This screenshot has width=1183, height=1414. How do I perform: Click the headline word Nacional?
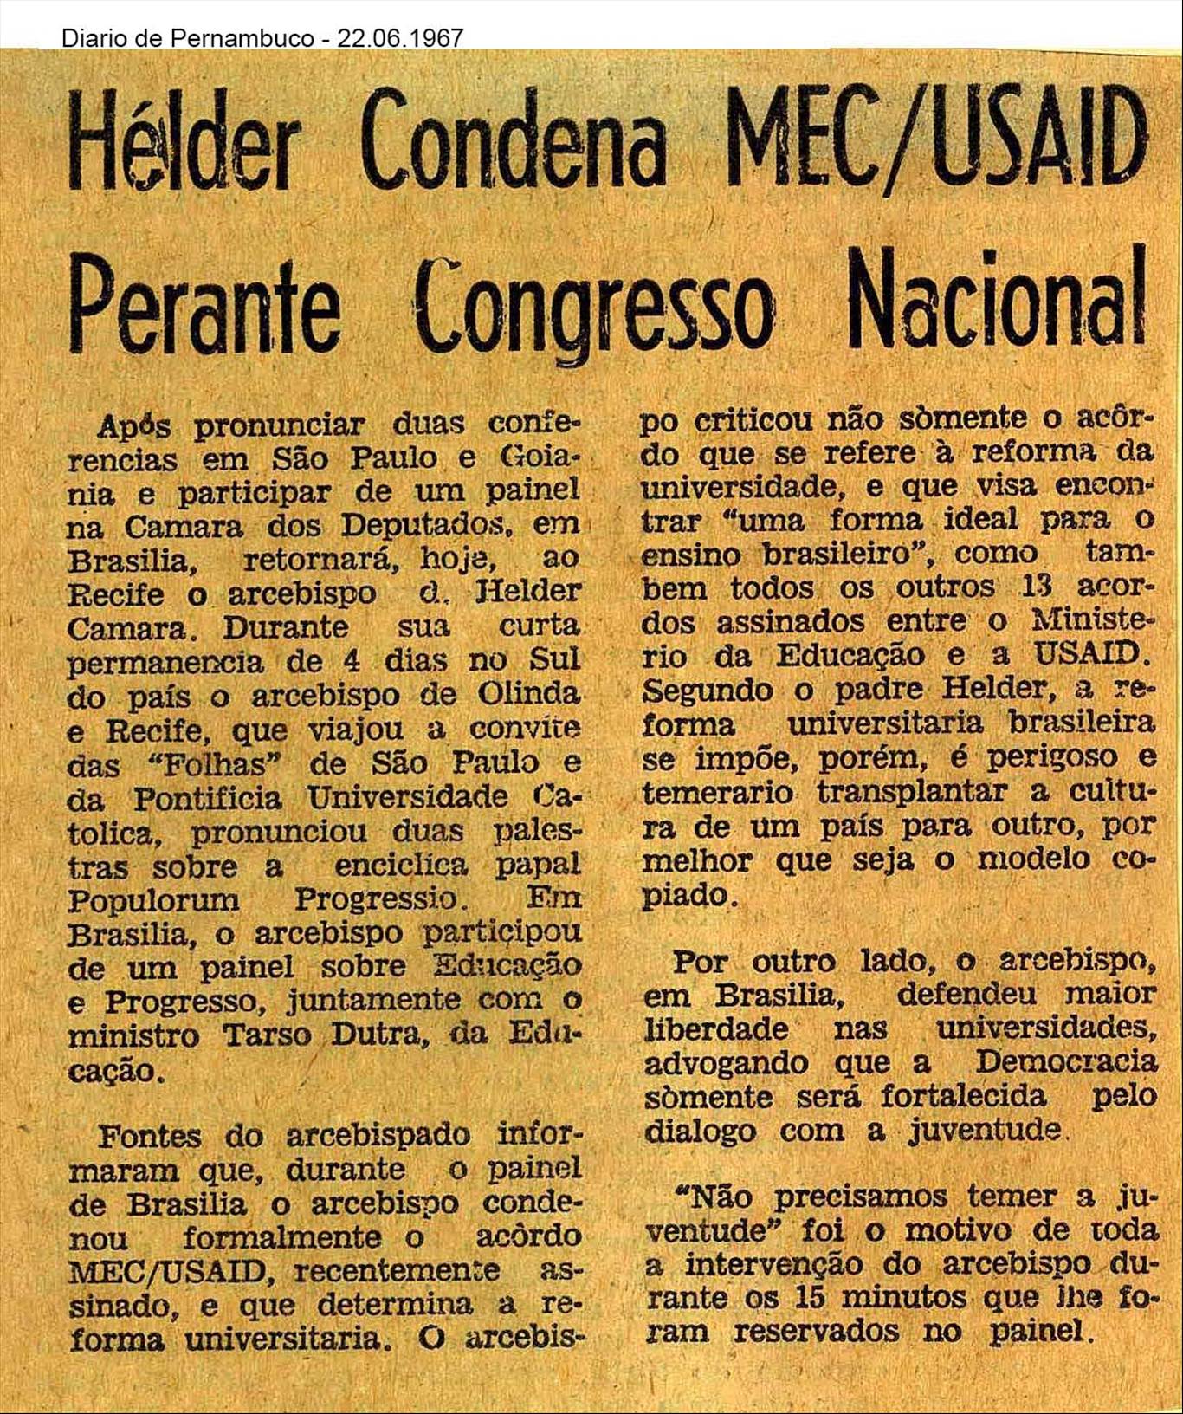[997, 300]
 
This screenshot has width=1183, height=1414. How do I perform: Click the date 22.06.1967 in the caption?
[400, 38]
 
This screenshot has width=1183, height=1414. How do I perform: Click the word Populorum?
[154, 899]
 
